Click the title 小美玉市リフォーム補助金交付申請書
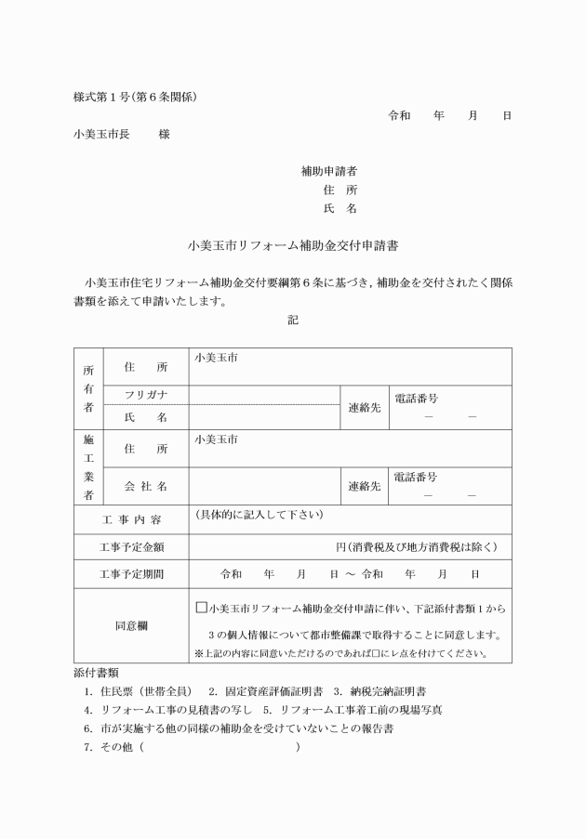(293, 246)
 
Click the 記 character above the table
(293, 320)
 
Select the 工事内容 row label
(131, 518)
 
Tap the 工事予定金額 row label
(131, 546)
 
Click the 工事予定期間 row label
(131, 574)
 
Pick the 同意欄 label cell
(131, 625)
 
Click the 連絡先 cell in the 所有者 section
(364, 408)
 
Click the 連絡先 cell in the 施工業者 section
(364, 486)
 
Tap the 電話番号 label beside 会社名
(416, 477)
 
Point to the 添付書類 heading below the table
(97, 672)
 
